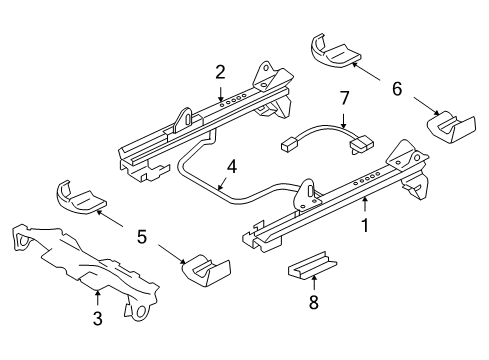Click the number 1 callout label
[365, 226]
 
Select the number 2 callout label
[220, 71]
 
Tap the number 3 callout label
[98, 319]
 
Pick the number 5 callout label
[141, 237]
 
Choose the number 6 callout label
[396, 89]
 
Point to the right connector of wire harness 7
[359, 147]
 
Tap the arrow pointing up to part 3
[98, 297]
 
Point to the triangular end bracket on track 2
[267, 78]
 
